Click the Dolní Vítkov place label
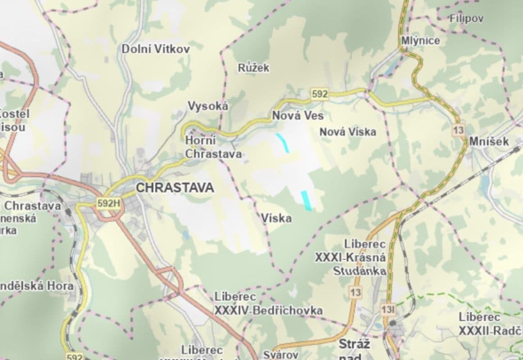pyautogui.click(x=156, y=49)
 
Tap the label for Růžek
pyautogui.click(x=253, y=68)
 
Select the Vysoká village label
pyautogui.click(x=208, y=106)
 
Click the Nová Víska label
pyautogui.click(x=347, y=132)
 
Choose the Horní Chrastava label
pyautogui.click(x=213, y=148)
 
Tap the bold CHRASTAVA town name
pyautogui.click(x=175, y=188)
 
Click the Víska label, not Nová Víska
pyautogui.click(x=276, y=219)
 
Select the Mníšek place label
pyautogui.click(x=489, y=141)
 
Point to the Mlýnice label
pyautogui.click(x=420, y=40)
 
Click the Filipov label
pyautogui.click(x=466, y=18)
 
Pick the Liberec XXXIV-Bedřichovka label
pyautogui.click(x=268, y=304)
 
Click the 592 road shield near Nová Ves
pyautogui.click(x=320, y=94)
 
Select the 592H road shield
pyautogui.click(x=109, y=203)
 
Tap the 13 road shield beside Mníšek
pyautogui.click(x=458, y=130)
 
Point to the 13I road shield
pyautogui.click(x=388, y=310)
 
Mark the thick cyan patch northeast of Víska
pyautogui.click(x=306, y=200)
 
